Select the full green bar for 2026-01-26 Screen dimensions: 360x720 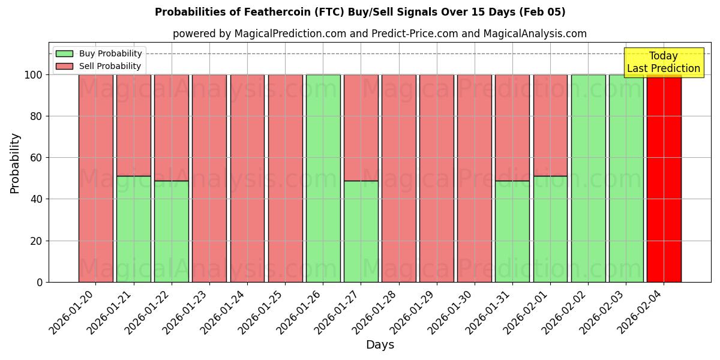coord(323,178)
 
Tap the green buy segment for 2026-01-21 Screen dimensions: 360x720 coord(133,229)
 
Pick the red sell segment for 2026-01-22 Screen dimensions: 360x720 coord(171,127)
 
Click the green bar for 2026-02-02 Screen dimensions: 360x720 coord(588,178)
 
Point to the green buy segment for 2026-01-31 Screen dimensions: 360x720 coord(512,231)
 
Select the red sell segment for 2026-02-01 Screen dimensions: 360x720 coord(550,125)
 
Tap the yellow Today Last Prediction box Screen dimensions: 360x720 coord(663,62)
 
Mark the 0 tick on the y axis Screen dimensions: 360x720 coord(40,282)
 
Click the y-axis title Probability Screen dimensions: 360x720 coord(15,163)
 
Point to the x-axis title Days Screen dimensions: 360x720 coord(380,345)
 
